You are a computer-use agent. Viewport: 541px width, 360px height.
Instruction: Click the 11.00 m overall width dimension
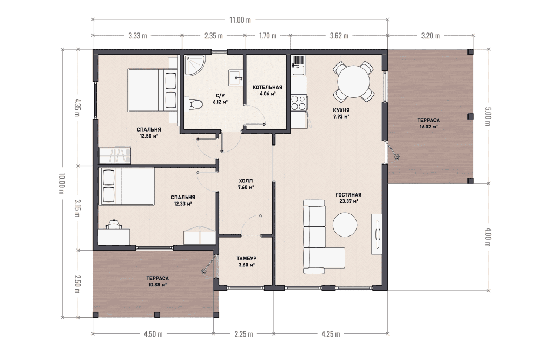[x=240, y=19]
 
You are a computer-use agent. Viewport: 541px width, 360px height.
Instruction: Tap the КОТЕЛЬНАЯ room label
[x=267, y=87]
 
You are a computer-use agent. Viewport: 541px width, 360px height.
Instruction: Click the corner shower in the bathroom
[x=194, y=65]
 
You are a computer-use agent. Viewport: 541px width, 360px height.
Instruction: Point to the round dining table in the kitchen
[x=353, y=82]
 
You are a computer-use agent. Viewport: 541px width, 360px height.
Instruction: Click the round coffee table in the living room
[x=345, y=225]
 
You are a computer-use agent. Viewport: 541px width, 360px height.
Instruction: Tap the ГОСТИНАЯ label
[x=348, y=195]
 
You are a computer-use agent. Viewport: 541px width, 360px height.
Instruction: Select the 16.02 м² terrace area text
[x=428, y=127]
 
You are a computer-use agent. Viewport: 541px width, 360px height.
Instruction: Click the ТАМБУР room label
[x=246, y=258]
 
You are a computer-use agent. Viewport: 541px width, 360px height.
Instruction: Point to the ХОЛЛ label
[x=246, y=181]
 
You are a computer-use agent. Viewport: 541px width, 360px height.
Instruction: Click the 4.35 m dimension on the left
[x=77, y=108]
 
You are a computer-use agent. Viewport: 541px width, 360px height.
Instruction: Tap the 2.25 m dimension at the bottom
[x=243, y=334]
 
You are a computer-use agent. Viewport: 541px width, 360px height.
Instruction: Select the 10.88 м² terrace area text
[x=157, y=285]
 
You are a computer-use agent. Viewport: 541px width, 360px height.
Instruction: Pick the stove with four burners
[x=299, y=102]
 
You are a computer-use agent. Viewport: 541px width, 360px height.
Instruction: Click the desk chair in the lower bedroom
[x=114, y=224]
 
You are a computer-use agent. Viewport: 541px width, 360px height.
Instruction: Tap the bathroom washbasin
[x=236, y=77]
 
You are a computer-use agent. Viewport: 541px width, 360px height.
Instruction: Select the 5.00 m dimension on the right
[x=487, y=116]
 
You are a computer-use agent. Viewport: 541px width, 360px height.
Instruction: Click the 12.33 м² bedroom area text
[x=183, y=204]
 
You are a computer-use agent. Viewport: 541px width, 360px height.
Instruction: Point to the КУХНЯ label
[x=341, y=110]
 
